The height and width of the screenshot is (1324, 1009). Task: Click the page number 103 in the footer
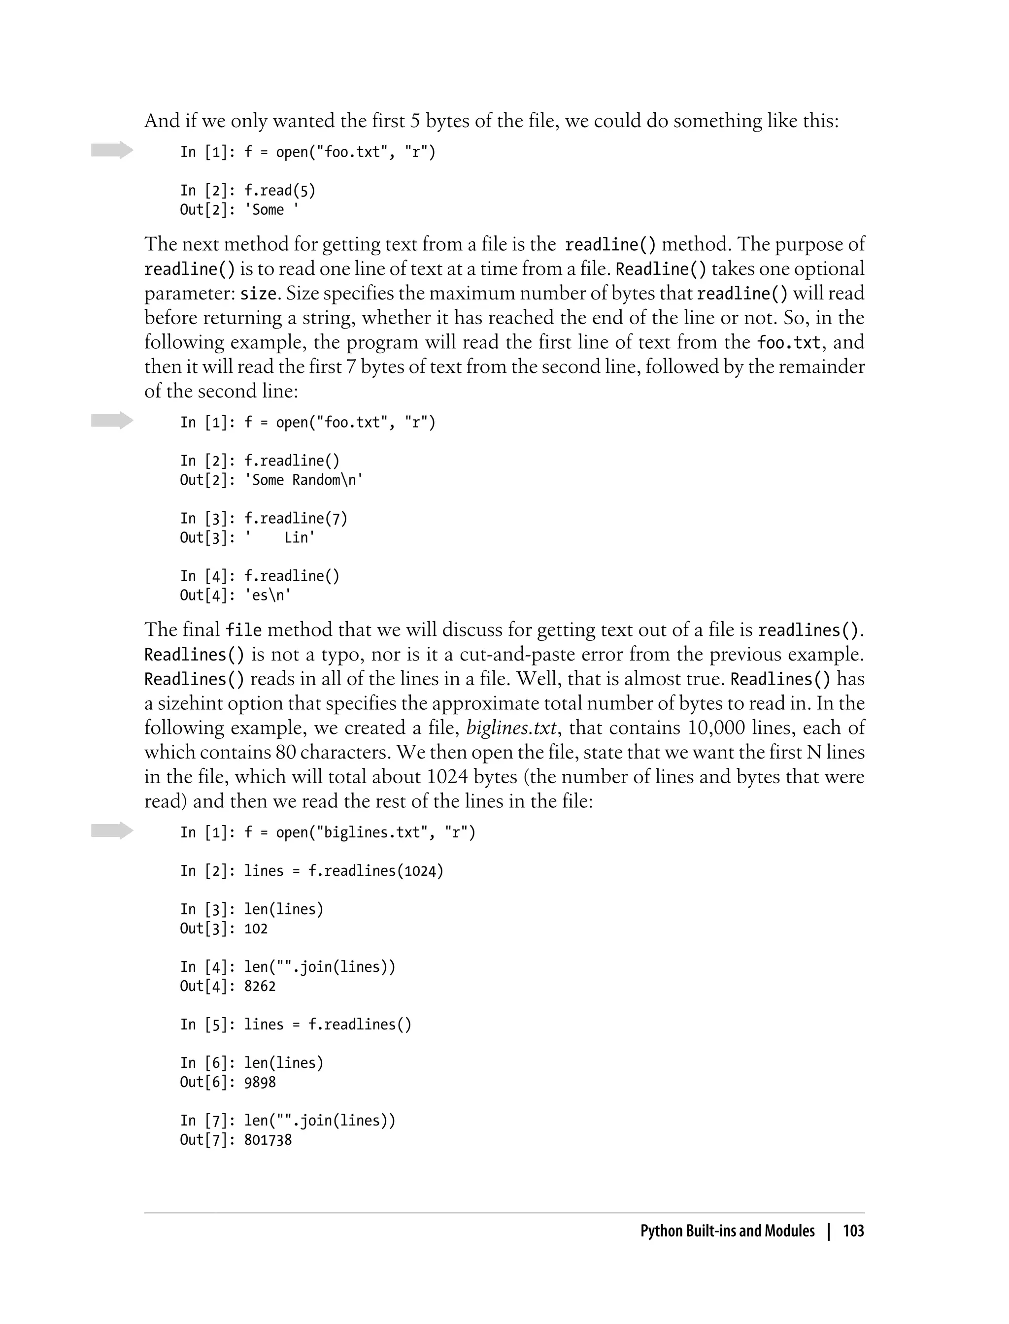(853, 1231)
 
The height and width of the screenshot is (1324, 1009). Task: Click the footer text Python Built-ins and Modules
(727, 1231)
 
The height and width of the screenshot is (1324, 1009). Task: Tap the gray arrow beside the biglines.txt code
(112, 831)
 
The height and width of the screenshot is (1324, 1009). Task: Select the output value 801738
(268, 1140)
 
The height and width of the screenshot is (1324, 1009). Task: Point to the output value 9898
(260, 1082)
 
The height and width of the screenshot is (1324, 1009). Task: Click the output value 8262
(260, 986)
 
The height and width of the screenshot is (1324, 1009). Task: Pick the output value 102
(256, 928)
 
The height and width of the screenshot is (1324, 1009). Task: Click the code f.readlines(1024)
(375, 871)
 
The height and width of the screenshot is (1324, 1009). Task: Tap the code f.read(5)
(279, 190)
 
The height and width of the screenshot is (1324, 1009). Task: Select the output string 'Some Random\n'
(304, 480)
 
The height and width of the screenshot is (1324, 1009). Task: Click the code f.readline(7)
(296, 518)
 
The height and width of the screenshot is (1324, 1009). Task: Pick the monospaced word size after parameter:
(259, 294)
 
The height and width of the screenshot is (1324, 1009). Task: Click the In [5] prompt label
(204, 1025)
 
